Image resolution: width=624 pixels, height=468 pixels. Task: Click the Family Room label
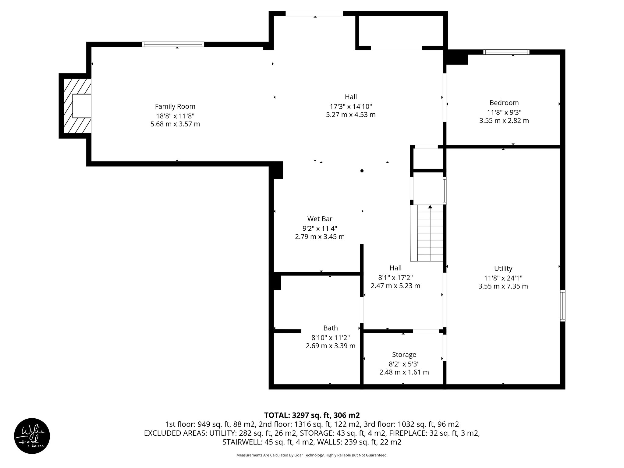(x=175, y=106)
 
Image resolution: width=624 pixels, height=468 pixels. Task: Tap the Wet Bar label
(x=320, y=219)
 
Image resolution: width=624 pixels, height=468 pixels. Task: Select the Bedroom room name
(x=504, y=103)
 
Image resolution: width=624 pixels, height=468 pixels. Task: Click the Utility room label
(x=503, y=268)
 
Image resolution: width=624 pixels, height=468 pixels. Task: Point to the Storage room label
(x=404, y=355)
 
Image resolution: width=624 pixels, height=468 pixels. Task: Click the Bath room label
(x=330, y=328)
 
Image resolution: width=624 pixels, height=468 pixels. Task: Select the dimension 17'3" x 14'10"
(x=351, y=106)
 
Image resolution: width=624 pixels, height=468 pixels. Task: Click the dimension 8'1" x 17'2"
(x=395, y=278)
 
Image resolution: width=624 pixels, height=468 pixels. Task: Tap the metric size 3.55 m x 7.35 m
(x=503, y=286)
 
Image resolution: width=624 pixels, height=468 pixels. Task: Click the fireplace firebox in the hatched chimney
(x=82, y=106)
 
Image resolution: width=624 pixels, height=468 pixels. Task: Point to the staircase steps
(x=430, y=235)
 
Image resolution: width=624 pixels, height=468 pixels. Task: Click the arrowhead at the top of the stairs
(x=430, y=207)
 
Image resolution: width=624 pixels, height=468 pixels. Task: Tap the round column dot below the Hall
(x=362, y=171)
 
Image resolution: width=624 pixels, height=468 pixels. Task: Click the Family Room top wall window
(x=173, y=44)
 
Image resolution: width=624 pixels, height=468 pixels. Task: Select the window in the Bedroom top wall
(x=506, y=52)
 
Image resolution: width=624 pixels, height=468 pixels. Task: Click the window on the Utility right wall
(x=562, y=306)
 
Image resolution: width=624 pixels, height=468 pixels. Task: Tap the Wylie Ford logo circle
(x=32, y=436)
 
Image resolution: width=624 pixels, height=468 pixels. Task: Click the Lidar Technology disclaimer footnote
(x=312, y=455)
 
